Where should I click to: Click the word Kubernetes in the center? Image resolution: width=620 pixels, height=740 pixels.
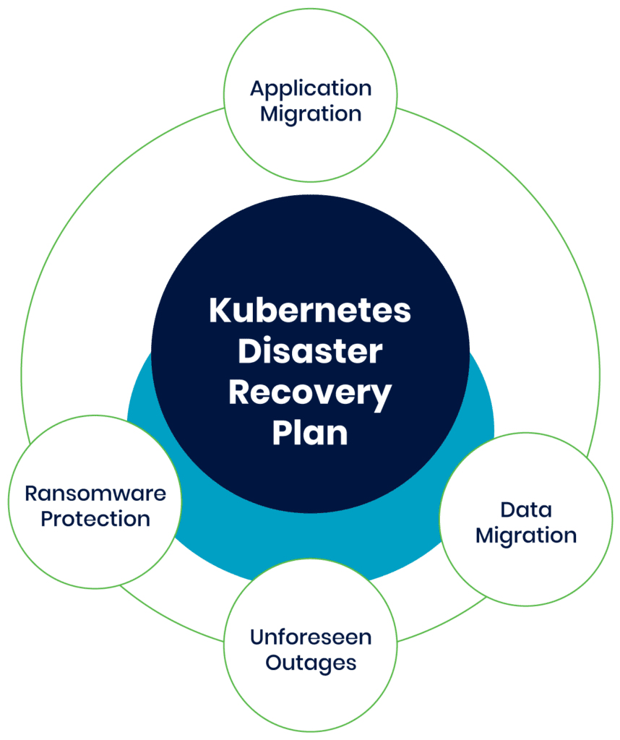coord(310,311)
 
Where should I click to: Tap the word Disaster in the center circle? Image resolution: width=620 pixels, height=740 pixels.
coord(310,352)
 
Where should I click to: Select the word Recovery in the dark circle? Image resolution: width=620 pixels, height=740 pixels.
coord(310,394)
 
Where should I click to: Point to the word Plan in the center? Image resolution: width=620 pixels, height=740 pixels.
coord(310,434)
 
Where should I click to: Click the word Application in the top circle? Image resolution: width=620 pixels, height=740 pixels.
coord(311,89)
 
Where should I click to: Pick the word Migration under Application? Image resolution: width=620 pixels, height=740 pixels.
coord(311,113)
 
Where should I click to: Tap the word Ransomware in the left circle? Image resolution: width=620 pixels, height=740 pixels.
coord(95,494)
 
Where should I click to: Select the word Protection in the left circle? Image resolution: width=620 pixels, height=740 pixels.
coord(95,518)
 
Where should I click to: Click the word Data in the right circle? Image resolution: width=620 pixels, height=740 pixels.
coord(526,510)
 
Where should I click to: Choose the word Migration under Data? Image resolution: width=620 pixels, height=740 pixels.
coord(526,535)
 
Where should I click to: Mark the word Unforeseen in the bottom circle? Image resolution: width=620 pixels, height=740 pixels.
coord(311,637)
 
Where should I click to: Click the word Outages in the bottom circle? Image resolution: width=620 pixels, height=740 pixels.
coord(311,662)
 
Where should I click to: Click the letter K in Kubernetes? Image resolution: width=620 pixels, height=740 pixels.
coord(219,311)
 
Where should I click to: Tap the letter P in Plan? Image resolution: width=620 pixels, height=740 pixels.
coord(281,434)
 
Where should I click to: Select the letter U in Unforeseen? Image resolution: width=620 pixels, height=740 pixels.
coord(257,637)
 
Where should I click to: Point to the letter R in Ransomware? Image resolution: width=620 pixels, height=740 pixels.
coord(31,494)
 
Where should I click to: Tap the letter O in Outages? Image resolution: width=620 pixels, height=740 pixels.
coord(274,662)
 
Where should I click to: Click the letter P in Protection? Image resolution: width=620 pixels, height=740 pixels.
coord(46,518)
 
